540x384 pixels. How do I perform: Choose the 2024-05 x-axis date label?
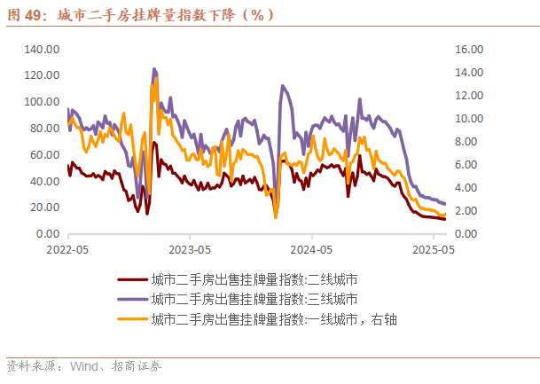click(x=312, y=250)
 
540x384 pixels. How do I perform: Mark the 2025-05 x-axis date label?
click(x=434, y=250)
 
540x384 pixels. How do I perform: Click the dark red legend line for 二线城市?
click(x=132, y=278)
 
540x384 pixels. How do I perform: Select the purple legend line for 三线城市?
click(x=132, y=299)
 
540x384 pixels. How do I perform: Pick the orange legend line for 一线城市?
click(x=132, y=319)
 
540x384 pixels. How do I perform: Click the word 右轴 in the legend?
click(x=385, y=319)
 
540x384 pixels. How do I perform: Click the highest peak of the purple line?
click(x=153, y=68)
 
